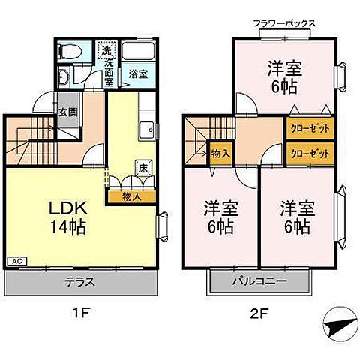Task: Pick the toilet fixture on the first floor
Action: coord(70,53)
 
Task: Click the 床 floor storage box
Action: coord(142,168)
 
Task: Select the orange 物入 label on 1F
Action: coord(130,197)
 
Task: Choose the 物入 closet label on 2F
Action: coord(220,153)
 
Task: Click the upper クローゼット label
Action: coord(310,129)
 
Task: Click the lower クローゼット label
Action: coord(310,154)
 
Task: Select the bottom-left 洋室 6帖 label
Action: coord(218,215)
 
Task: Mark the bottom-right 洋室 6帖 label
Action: coord(295,215)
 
